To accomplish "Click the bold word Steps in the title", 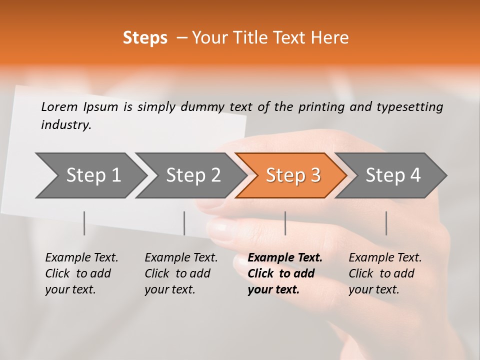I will [x=145, y=38].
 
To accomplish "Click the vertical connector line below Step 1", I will [x=84, y=223].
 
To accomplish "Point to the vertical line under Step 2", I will [x=184, y=223].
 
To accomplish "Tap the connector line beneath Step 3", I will [x=285, y=223].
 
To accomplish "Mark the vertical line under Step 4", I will [x=386, y=223].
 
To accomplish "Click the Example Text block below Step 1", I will [x=81, y=273].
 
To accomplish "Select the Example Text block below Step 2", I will [x=181, y=273].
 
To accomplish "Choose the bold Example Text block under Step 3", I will [x=285, y=273].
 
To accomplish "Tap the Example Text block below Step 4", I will [x=385, y=273].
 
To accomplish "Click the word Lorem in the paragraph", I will [x=59, y=106].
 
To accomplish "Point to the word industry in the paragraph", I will [x=66, y=125].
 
